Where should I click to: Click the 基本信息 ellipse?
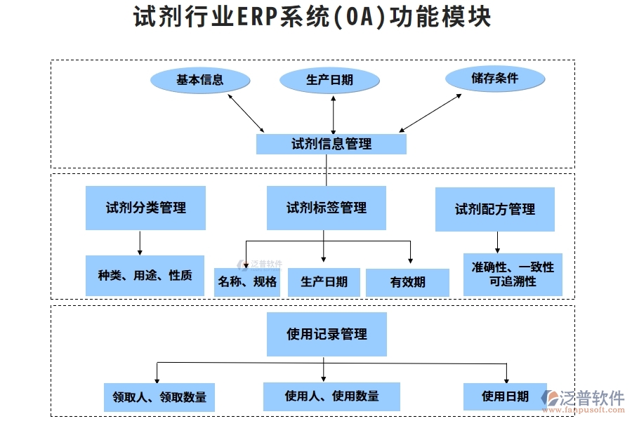[200, 80]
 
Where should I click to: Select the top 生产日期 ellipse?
[329, 80]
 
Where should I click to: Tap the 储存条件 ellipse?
[494, 79]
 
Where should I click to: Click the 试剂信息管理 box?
[331, 144]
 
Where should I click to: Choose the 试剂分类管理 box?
[145, 208]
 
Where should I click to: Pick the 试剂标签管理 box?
[327, 208]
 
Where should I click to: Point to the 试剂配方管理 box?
[494, 209]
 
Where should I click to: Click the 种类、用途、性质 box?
[145, 275]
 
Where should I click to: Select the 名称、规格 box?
[247, 282]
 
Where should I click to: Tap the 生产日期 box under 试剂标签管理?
[324, 282]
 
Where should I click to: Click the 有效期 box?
[407, 282]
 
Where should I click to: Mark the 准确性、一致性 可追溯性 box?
[512, 274]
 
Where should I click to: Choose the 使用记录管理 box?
[327, 334]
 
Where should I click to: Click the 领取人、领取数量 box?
[159, 397]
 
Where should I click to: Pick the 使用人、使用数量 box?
[331, 396]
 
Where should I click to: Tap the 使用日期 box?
[505, 396]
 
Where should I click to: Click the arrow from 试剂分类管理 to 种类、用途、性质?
[140, 242]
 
